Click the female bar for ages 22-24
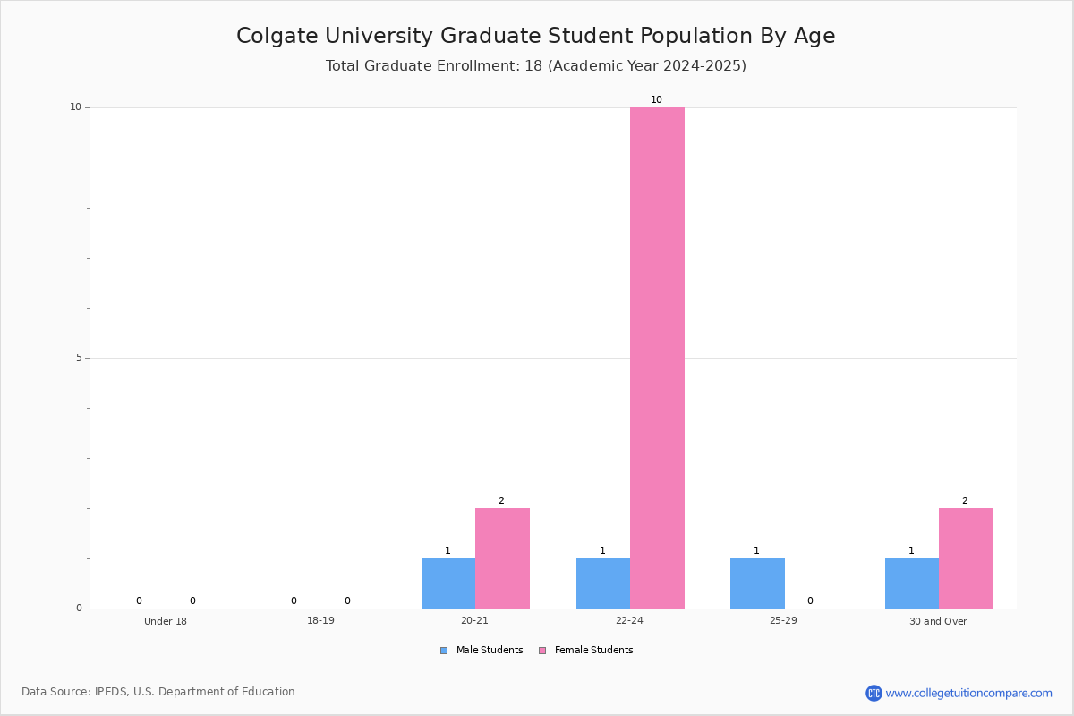tap(657, 358)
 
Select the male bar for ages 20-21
tap(448, 584)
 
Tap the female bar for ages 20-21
tap(502, 558)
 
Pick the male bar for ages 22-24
tap(603, 584)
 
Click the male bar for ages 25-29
tap(757, 584)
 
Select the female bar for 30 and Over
tap(966, 558)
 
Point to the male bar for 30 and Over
tap(912, 584)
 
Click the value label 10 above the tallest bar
tap(656, 100)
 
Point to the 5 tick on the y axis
tap(78, 358)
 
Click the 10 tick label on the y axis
tap(75, 107)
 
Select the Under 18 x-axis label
tap(166, 621)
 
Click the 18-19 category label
tap(320, 621)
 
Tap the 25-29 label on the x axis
tap(783, 621)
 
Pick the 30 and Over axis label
tap(938, 621)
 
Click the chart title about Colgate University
tap(535, 36)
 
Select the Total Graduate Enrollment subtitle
tap(535, 66)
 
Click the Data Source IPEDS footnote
tap(158, 692)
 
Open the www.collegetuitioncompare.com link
tap(968, 693)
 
